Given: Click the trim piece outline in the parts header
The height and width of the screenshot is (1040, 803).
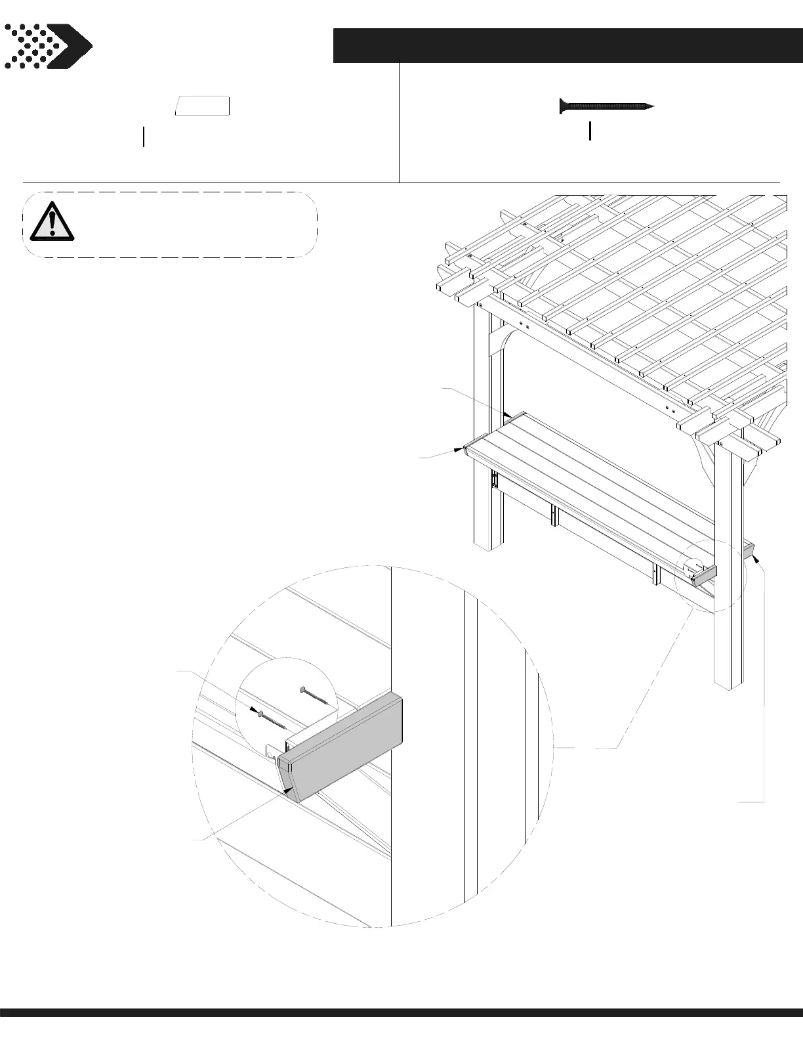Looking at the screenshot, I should click(203, 106).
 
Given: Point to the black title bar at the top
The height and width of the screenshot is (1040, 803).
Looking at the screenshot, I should click(567, 45).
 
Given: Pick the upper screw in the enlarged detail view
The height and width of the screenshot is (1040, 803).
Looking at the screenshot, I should click(314, 696).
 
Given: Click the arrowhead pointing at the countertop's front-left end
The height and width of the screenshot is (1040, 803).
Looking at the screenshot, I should click(461, 450).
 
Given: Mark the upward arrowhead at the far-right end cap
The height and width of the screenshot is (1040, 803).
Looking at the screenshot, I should click(756, 559).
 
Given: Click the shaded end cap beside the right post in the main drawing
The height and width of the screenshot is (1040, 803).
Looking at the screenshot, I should click(705, 576).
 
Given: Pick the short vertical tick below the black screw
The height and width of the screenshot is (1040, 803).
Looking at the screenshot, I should click(590, 131).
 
